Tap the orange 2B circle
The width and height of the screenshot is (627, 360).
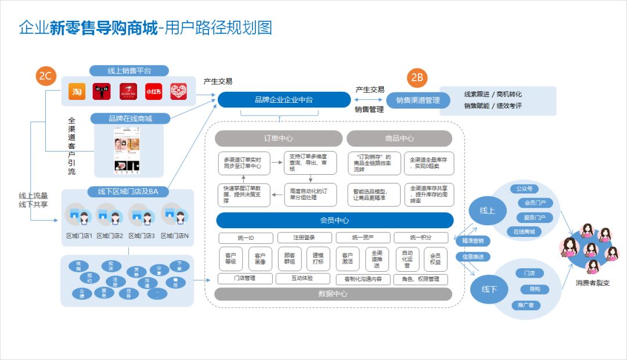point(418,77)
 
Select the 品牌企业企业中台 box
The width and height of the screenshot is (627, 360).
point(284,100)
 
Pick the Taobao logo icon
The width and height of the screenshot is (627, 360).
point(77,91)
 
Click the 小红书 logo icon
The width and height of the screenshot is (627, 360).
point(153,91)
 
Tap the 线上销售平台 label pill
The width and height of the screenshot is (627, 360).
point(129,71)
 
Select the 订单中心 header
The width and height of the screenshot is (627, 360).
point(279,138)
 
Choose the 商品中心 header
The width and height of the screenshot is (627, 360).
point(399,138)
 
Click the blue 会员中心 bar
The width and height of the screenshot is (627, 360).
point(334,220)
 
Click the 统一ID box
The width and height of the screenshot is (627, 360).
point(246,237)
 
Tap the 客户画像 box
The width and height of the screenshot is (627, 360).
point(260,259)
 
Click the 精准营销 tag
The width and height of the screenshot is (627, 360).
point(473,240)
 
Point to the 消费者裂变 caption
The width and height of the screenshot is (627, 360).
point(592,283)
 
